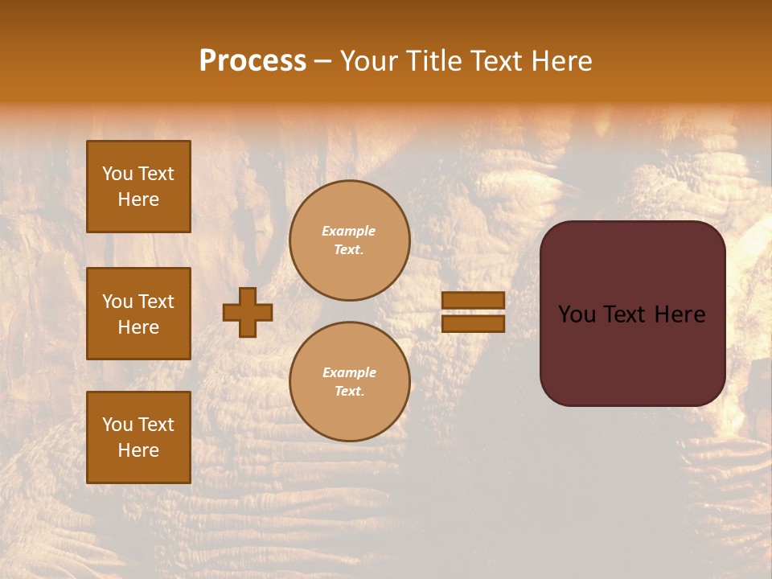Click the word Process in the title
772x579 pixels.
pyautogui.click(x=253, y=61)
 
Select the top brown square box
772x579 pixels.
pyautogui.click(x=138, y=187)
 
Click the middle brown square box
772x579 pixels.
pyautogui.click(x=138, y=314)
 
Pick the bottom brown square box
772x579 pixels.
pyautogui.click(x=138, y=437)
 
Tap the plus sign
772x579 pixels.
pyautogui.click(x=248, y=313)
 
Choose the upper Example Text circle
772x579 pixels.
pyautogui.click(x=350, y=240)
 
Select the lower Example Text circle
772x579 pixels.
pyautogui.click(x=350, y=382)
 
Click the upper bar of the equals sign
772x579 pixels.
pyautogui.click(x=474, y=301)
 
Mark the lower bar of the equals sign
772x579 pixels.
pyautogui.click(x=474, y=324)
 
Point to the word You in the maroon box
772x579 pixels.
pyautogui.click(x=577, y=314)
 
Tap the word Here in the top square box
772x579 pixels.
pyautogui.click(x=138, y=199)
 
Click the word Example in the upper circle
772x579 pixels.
pyautogui.click(x=349, y=231)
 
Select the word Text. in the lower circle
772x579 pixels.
pyautogui.click(x=349, y=392)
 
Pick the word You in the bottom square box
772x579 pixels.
pyautogui.click(x=117, y=425)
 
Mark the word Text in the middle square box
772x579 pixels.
pyautogui.click(x=155, y=302)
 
